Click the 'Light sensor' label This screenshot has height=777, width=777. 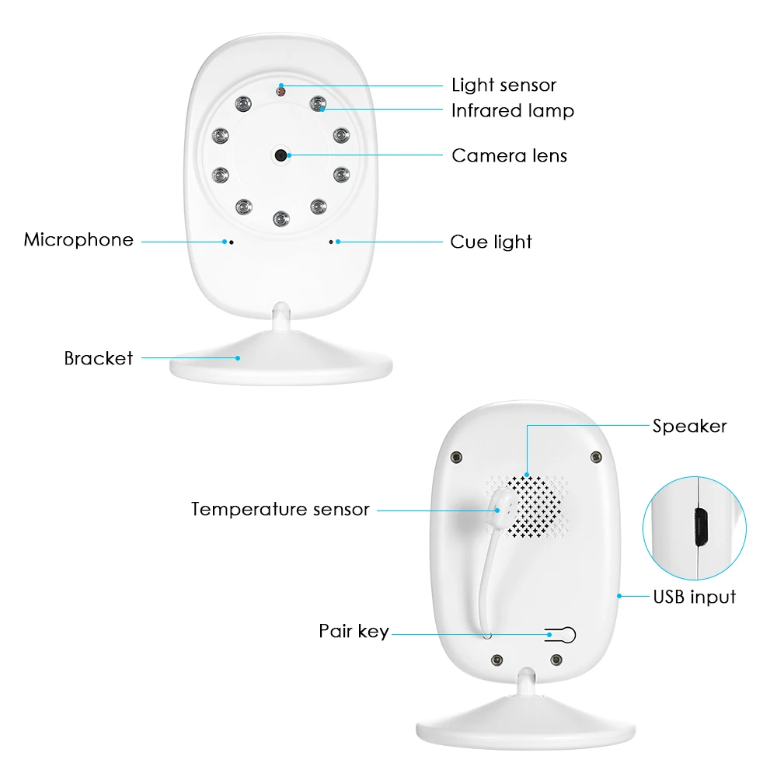click(x=503, y=85)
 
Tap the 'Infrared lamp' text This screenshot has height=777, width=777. click(x=512, y=111)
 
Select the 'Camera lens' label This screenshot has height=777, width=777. click(x=509, y=155)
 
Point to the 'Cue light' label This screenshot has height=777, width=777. click(x=491, y=242)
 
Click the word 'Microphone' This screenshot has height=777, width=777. click(x=78, y=239)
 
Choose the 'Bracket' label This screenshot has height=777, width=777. click(x=98, y=358)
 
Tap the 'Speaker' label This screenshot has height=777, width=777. click(x=689, y=426)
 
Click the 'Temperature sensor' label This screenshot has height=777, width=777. click(x=280, y=510)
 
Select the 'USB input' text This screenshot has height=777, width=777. click(x=694, y=597)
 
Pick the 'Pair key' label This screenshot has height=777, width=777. click(x=354, y=631)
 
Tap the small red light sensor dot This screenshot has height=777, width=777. click(x=280, y=91)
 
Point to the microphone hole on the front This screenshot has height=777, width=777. click(x=231, y=242)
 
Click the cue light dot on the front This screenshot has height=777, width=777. click(x=331, y=242)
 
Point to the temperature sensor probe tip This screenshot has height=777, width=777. click(x=503, y=500)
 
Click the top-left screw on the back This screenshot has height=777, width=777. click(x=458, y=456)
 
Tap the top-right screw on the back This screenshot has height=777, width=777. click(x=596, y=456)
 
